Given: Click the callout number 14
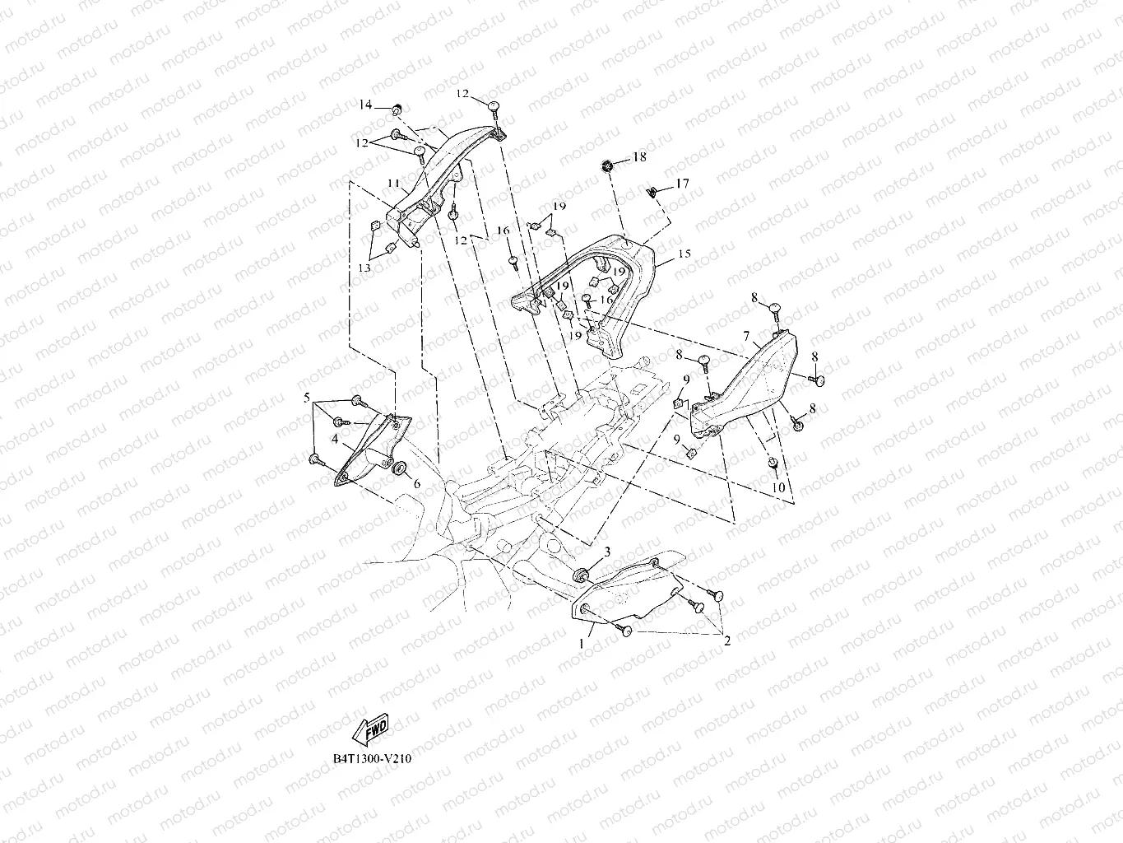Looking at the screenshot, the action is point(365,105).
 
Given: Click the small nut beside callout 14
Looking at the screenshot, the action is point(396,109).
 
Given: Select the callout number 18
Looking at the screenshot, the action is point(639,156).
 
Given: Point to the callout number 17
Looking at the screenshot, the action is point(682,184).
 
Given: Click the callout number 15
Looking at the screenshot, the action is point(684,255).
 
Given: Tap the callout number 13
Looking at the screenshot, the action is point(364,268).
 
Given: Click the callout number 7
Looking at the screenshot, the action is point(745,337).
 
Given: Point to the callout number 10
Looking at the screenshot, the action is point(778,488).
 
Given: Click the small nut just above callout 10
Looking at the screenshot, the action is point(773,465).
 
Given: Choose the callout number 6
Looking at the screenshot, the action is point(416,484).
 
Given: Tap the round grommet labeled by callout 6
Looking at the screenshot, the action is point(400,468).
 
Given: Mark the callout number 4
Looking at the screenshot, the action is point(335,440).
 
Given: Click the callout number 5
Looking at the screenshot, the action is point(307,398).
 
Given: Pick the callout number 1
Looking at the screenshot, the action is point(582,641).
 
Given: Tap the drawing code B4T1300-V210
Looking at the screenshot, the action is point(368,757).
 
